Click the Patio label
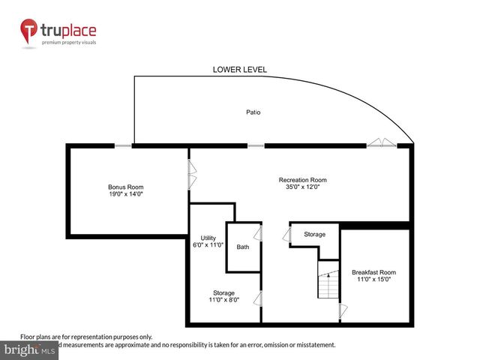(x=253, y=112)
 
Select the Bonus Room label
(x=125, y=187)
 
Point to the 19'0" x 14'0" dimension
(x=125, y=194)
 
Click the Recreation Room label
(x=302, y=180)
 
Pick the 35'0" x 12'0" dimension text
(x=302, y=187)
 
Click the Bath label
(x=243, y=247)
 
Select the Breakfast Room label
(x=373, y=272)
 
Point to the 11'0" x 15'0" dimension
(x=373, y=280)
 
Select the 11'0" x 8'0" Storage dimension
(x=223, y=300)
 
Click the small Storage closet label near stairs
(x=315, y=235)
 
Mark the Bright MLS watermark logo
(x=30, y=349)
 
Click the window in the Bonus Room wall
(x=124, y=145)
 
